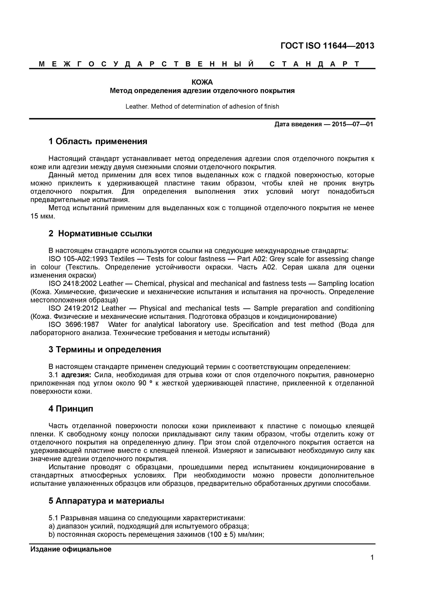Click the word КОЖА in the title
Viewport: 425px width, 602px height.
202,82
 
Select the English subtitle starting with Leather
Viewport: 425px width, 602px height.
202,106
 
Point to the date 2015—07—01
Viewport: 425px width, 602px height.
352,124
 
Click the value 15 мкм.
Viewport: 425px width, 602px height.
43,216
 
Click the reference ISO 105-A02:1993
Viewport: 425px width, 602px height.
78,259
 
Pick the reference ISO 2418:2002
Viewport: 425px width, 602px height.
73,284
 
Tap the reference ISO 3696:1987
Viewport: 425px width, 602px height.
74,325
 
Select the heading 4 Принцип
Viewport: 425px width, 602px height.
71,409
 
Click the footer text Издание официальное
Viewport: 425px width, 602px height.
71,549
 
